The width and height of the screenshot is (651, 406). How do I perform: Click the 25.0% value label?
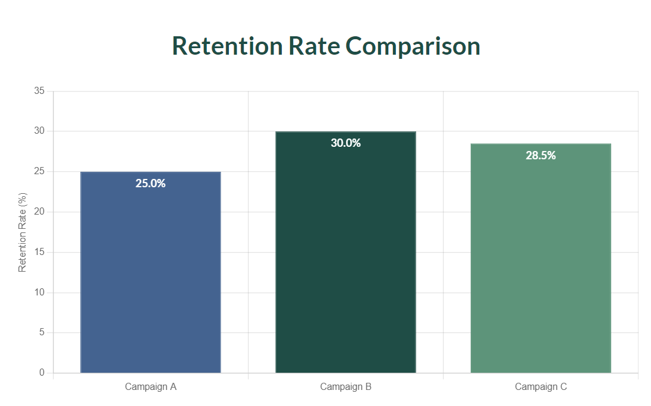pos(150,184)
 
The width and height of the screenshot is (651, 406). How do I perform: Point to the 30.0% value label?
pos(345,143)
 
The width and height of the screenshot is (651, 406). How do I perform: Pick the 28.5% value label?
pos(540,155)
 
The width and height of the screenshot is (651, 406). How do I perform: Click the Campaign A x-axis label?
pos(150,387)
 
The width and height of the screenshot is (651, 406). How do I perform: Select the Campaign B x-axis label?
pos(345,387)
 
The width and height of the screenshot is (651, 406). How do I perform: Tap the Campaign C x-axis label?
pos(540,387)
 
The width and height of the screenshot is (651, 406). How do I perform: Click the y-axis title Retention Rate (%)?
pos(23,232)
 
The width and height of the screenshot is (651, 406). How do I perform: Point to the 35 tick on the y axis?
pos(39,91)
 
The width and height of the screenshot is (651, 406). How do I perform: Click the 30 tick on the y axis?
pos(39,131)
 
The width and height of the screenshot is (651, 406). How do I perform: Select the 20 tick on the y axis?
pos(39,212)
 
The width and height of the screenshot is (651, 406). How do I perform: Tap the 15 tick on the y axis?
pos(39,252)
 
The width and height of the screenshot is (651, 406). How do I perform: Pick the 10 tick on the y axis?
pos(39,292)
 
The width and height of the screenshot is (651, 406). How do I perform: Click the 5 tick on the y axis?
pos(42,332)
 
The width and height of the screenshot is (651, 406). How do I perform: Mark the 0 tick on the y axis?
pos(42,373)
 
